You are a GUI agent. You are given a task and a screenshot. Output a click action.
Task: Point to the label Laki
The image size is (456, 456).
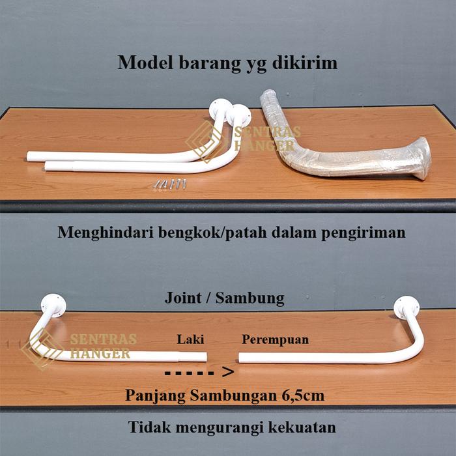(x=190, y=339)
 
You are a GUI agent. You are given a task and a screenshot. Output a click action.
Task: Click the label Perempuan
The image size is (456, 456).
(x=275, y=339)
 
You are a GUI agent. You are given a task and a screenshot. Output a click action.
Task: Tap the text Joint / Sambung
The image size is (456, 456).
(x=224, y=298)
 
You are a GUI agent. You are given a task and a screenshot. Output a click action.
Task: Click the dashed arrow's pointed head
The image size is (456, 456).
(x=227, y=373)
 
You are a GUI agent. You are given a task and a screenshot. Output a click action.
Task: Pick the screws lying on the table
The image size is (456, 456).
(x=170, y=184)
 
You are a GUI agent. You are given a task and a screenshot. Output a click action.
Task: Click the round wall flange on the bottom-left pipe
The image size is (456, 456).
(x=53, y=305)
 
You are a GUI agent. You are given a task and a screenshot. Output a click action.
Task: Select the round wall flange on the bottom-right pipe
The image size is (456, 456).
(x=406, y=306)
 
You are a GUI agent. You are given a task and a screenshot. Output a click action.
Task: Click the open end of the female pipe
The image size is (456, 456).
(x=241, y=357)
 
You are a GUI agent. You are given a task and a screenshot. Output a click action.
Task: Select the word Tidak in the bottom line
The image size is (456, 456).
(x=149, y=427)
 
